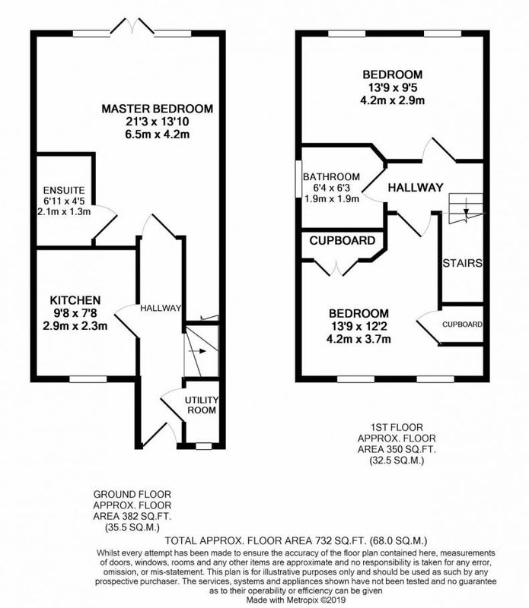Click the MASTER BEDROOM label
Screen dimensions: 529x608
tap(158, 109)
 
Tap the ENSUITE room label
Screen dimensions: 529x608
tap(64, 191)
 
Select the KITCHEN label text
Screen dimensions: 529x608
tap(75, 300)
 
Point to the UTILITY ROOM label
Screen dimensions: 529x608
tap(202, 405)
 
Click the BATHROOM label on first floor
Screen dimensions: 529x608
tap(331, 177)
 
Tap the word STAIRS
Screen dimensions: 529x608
tap(462, 263)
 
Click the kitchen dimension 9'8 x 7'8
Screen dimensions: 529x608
tap(75, 313)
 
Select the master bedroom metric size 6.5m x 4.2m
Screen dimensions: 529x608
tap(158, 135)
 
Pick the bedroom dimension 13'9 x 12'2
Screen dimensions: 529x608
tap(359, 326)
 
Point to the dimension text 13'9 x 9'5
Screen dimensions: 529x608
tap(392, 87)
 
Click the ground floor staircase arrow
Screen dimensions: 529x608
tap(197, 351)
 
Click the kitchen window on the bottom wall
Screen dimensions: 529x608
tap(88, 378)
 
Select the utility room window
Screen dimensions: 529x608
tap(203, 446)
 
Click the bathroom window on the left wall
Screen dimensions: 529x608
tap(298, 179)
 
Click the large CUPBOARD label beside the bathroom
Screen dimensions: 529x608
tap(343, 241)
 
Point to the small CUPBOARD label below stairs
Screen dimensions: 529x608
tap(462, 325)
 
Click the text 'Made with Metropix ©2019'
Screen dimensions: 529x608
tap(295, 600)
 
